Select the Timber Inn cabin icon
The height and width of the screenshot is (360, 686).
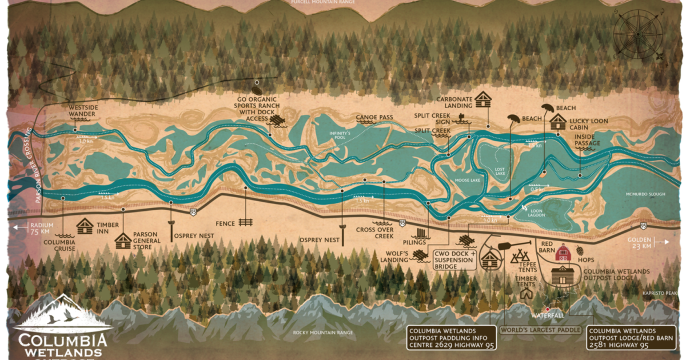point(85,226)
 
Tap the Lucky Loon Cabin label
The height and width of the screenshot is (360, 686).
point(588,125)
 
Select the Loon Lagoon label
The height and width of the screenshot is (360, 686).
point(536,214)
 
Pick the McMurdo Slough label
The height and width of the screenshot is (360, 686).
point(645,194)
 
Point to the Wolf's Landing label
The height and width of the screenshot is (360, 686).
point(394,257)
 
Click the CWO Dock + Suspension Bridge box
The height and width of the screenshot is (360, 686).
point(455,259)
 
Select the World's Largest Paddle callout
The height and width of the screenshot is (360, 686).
point(540,330)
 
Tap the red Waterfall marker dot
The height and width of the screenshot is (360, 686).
point(547,309)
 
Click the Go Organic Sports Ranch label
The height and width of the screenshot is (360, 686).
point(250,110)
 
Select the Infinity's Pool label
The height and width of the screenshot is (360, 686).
point(339,135)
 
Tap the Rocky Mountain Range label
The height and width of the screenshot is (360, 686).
point(323,333)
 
